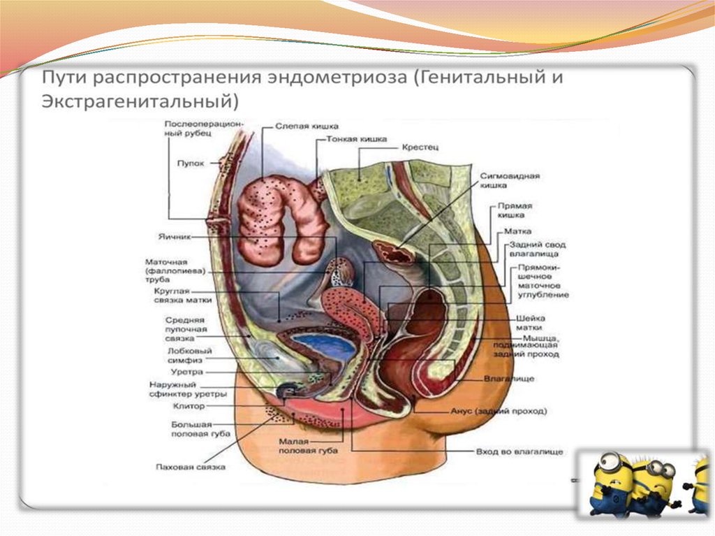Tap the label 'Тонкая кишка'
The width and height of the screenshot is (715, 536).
[356, 139]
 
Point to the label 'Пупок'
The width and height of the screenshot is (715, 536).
[191, 163]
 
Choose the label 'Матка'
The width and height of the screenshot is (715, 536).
[521, 231]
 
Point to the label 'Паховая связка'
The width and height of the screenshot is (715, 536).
[190, 467]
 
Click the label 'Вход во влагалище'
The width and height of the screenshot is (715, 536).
[519, 452]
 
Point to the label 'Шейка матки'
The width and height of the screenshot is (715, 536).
[530, 322]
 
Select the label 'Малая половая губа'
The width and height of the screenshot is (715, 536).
[307, 446]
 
